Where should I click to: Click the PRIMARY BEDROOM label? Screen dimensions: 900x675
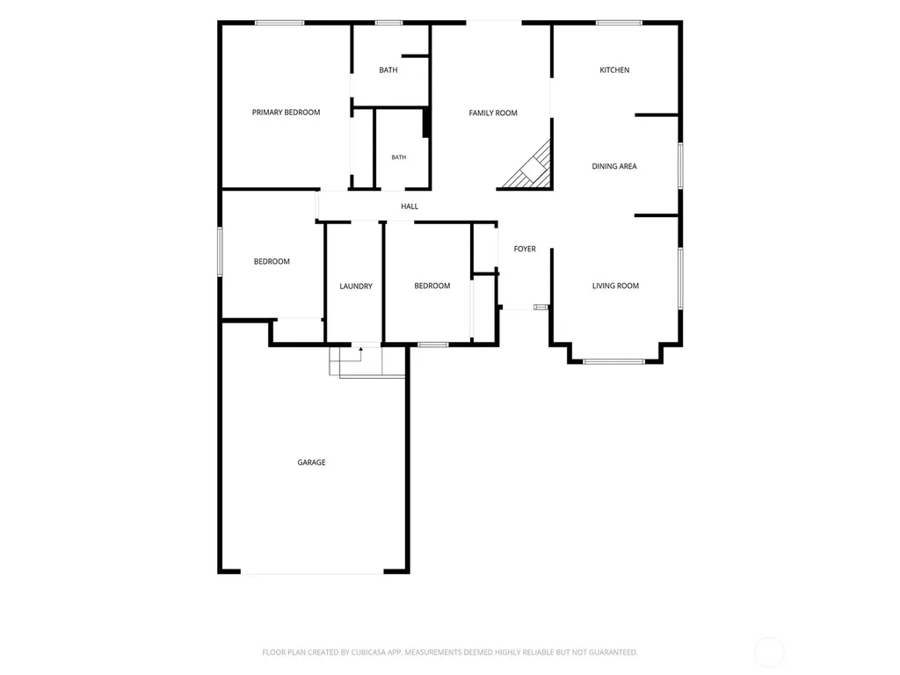click(x=286, y=112)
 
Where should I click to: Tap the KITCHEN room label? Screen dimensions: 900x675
click(x=614, y=70)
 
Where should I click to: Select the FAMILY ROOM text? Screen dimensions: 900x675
click(x=493, y=113)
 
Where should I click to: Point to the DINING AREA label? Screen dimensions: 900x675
click(x=614, y=166)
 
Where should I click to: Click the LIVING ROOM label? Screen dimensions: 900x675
click(x=615, y=286)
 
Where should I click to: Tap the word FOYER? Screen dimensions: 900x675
click(x=525, y=249)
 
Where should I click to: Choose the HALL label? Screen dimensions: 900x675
click(x=410, y=207)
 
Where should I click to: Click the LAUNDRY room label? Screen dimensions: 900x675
click(x=356, y=287)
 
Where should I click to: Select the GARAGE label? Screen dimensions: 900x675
click(x=311, y=462)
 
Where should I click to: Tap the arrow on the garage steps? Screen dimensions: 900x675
click(x=360, y=355)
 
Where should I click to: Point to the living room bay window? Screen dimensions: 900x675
click(x=614, y=361)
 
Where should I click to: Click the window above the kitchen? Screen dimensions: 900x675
click(x=619, y=23)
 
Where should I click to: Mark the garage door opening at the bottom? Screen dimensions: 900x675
click(x=312, y=572)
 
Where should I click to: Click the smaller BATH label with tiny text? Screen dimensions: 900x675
click(x=398, y=157)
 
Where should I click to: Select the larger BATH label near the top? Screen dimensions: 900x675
click(x=388, y=70)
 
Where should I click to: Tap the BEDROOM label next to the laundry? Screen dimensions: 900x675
click(x=432, y=286)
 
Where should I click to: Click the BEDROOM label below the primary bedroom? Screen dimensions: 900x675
click(x=272, y=262)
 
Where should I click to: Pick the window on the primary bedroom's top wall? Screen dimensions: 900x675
click(x=279, y=23)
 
